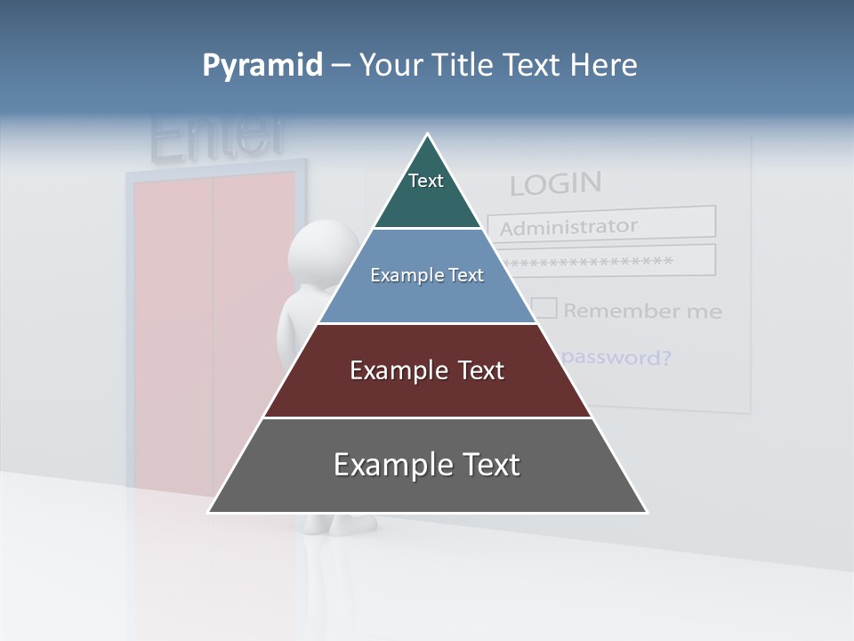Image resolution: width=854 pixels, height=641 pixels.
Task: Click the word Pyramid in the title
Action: point(262,66)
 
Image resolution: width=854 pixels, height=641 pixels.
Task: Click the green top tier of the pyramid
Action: point(427,191)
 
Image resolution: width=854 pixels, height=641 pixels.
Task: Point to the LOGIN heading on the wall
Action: point(555,183)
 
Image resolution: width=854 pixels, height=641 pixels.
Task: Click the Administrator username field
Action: point(601,224)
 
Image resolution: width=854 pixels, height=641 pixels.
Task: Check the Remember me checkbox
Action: point(544,309)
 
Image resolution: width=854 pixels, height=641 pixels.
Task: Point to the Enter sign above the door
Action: point(218,138)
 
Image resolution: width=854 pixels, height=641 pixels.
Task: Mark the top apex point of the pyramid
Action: point(428,134)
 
